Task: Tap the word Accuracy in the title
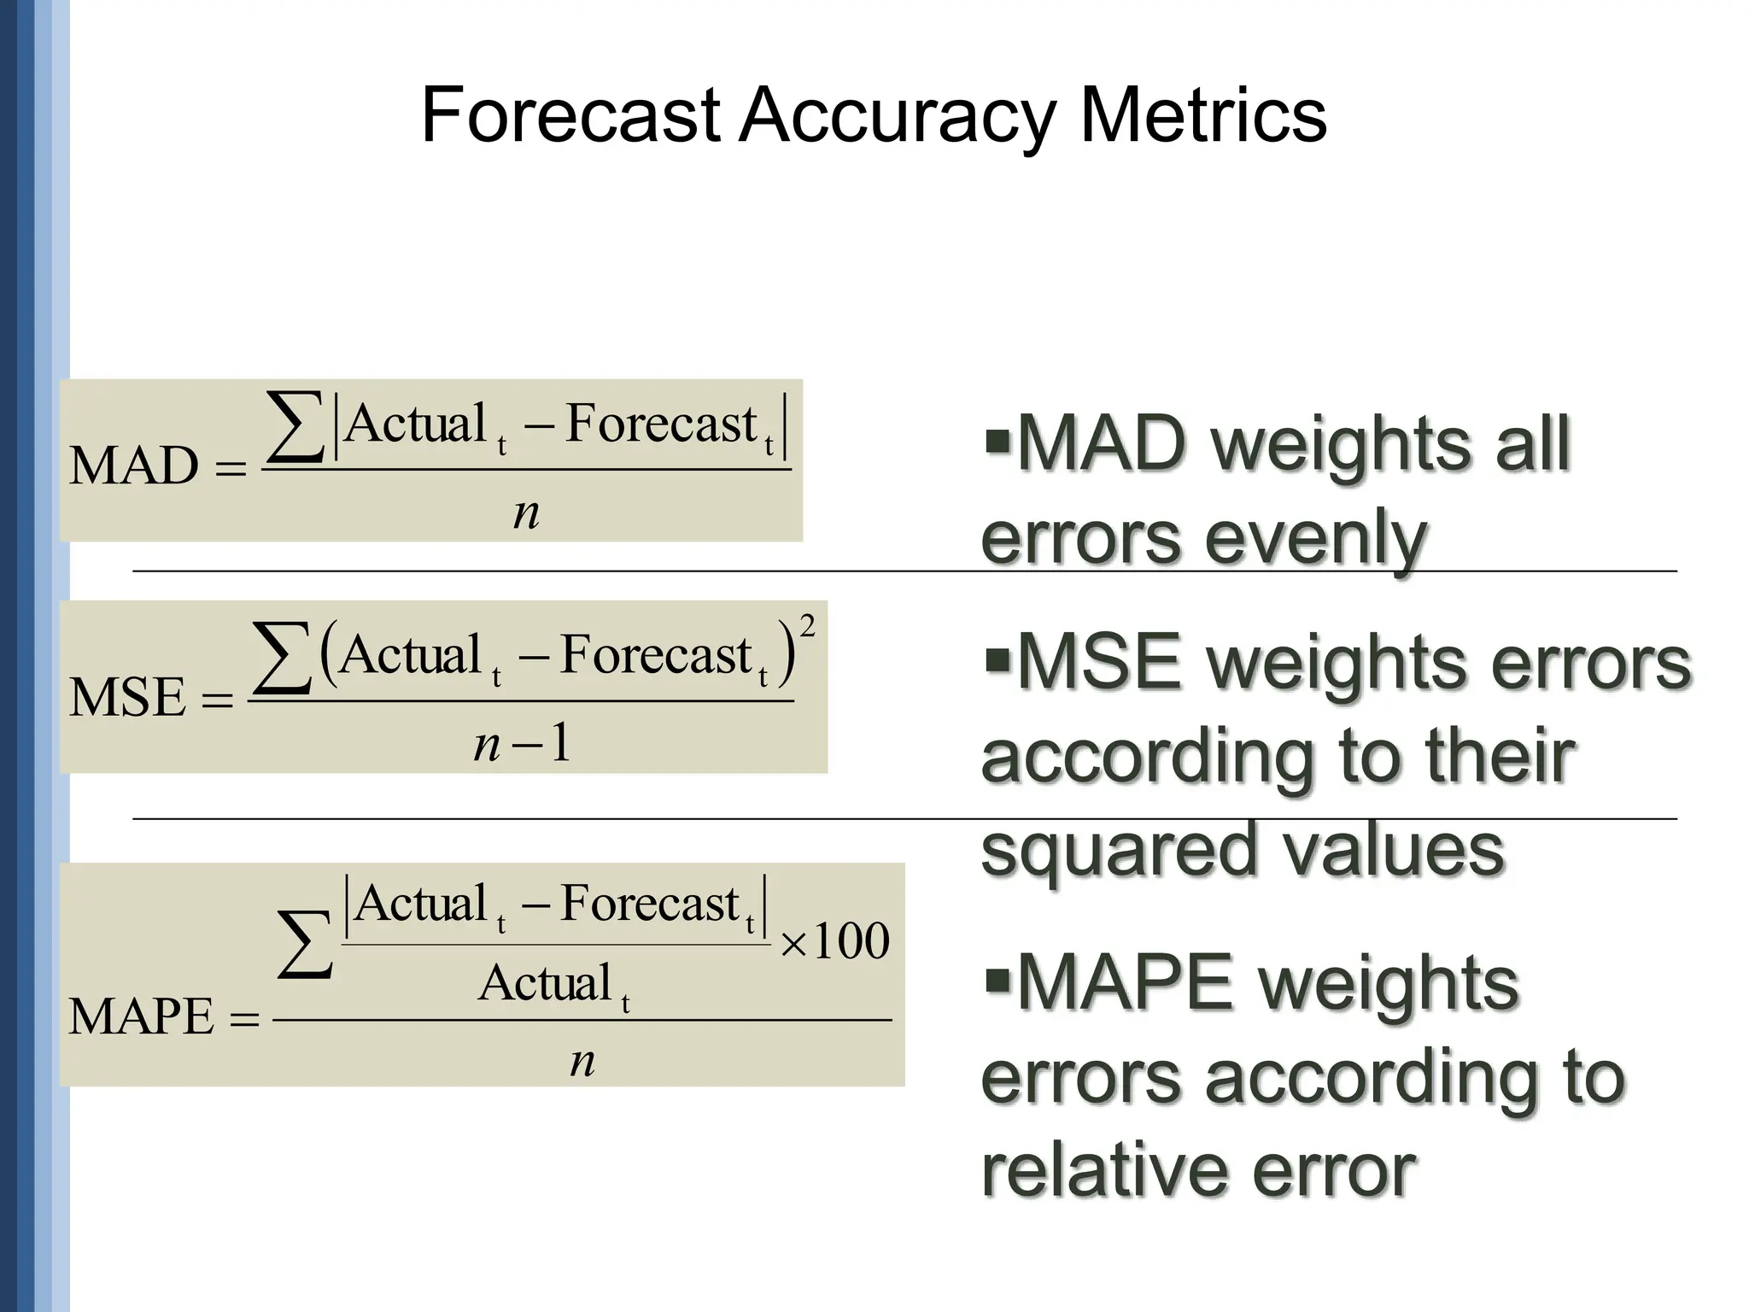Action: pyautogui.click(x=897, y=118)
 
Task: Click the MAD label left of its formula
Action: pyautogui.click(x=134, y=466)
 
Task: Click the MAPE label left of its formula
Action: pyautogui.click(x=141, y=1016)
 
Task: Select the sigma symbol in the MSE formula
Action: pyautogui.click(x=283, y=658)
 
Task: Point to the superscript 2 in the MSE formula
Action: pyautogui.click(x=807, y=626)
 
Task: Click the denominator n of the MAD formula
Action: pyautogui.click(x=526, y=512)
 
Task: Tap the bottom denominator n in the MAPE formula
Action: pyautogui.click(x=582, y=1062)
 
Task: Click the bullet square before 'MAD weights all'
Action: pyautogui.click(x=997, y=440)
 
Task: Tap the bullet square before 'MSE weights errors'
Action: pyautogui.click(x=997, y=659)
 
